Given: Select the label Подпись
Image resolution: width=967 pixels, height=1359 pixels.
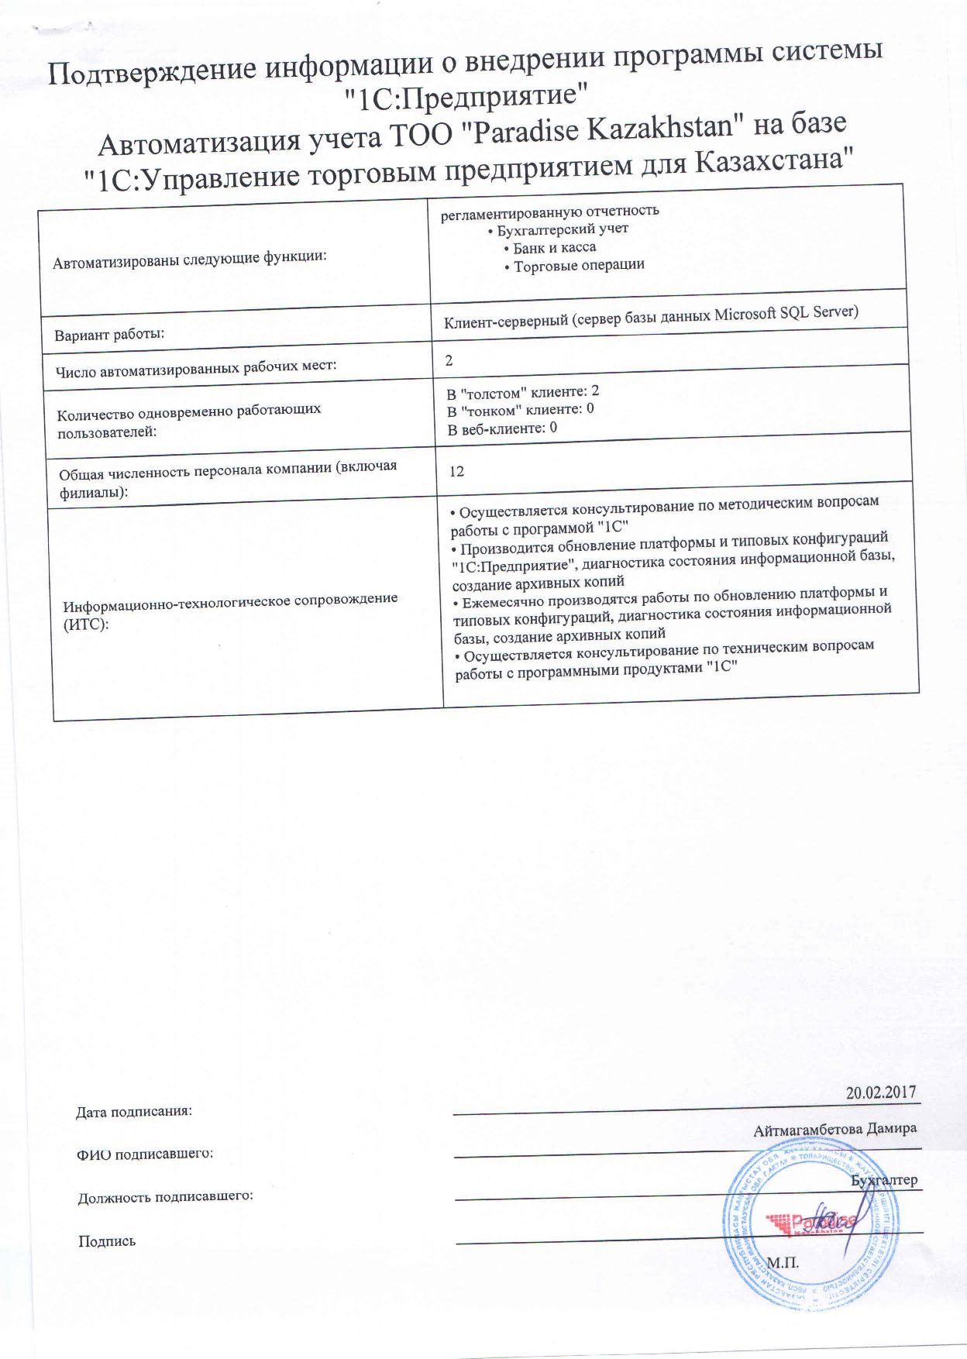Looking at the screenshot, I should tap(107, 1241).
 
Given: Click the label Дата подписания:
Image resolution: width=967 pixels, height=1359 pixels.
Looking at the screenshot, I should tap(133, 1112).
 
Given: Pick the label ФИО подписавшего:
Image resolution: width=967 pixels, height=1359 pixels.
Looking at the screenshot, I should tap(145, 1154).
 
